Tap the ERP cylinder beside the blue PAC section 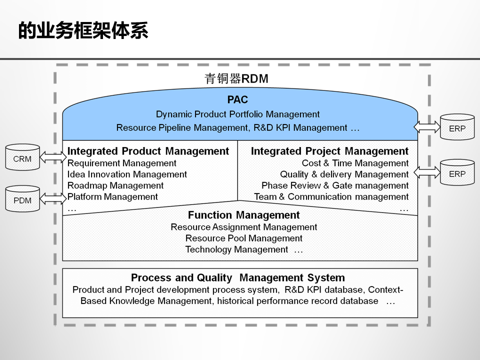(x=457, y=127)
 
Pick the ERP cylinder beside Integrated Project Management (x=457, y=172)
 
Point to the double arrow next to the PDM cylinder (x=52, y=198)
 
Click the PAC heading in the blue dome (x=237, y=100)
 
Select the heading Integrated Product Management (x=148, y=151)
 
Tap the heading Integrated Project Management (x=329, y=151)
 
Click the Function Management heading (x=243, y=215)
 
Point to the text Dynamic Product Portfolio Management (x=237, y=114)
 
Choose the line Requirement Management (x=122, y=163)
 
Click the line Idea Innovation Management (x=127, y=174)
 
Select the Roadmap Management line (x=115, y=185)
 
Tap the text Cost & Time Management (x=355, y=163)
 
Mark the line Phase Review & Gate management (x=335, y=185)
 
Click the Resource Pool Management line (x=243, y=238)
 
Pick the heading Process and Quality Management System (x=237, y=278)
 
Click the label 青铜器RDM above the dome (x=236, y=78)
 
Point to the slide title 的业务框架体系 (x=83, y=31)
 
